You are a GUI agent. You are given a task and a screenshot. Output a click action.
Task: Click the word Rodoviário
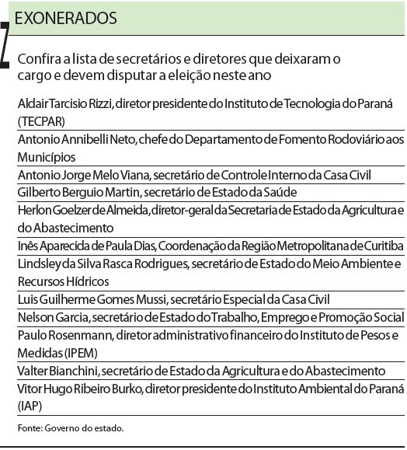pyautogui.click(x=309, y=139)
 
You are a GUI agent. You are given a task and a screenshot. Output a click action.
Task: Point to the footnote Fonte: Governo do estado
pyautogui.click(x=70, y=427)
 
